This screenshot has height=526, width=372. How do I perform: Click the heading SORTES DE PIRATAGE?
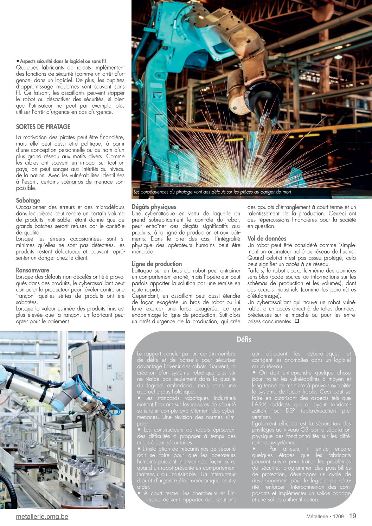[x=43, y=127]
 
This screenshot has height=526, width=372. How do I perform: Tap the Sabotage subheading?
[x=28, y=200]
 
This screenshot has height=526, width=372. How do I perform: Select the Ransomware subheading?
[x=32, y=270]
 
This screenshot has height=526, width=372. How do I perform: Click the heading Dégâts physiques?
[x=154, y=207]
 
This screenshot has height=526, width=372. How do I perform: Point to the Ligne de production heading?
[x=156, y=264]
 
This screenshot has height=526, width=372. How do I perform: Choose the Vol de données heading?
[x=267, y=238]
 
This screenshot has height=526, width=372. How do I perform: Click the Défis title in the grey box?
[x=244, y=339]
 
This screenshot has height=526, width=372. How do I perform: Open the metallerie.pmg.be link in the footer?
[x=42, y=517]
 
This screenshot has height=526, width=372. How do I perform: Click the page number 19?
[x=352, y=516]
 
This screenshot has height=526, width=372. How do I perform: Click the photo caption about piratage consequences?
[x=212, y=192]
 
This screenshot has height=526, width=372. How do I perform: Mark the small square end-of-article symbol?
[x=297, y=321]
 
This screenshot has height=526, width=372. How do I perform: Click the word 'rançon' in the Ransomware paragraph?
[x=25, y=296]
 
